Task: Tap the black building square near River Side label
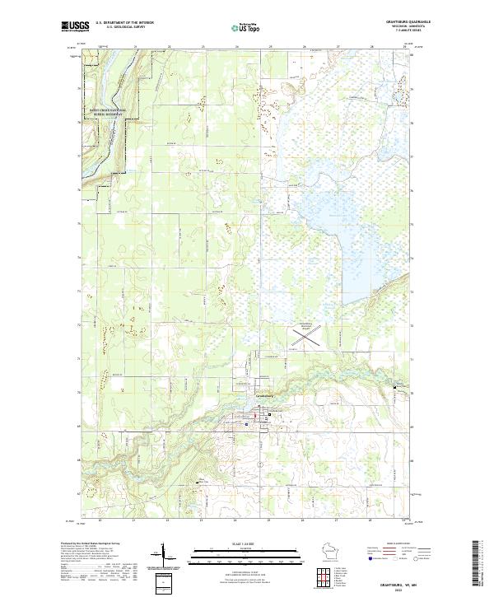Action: pos(197,482)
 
